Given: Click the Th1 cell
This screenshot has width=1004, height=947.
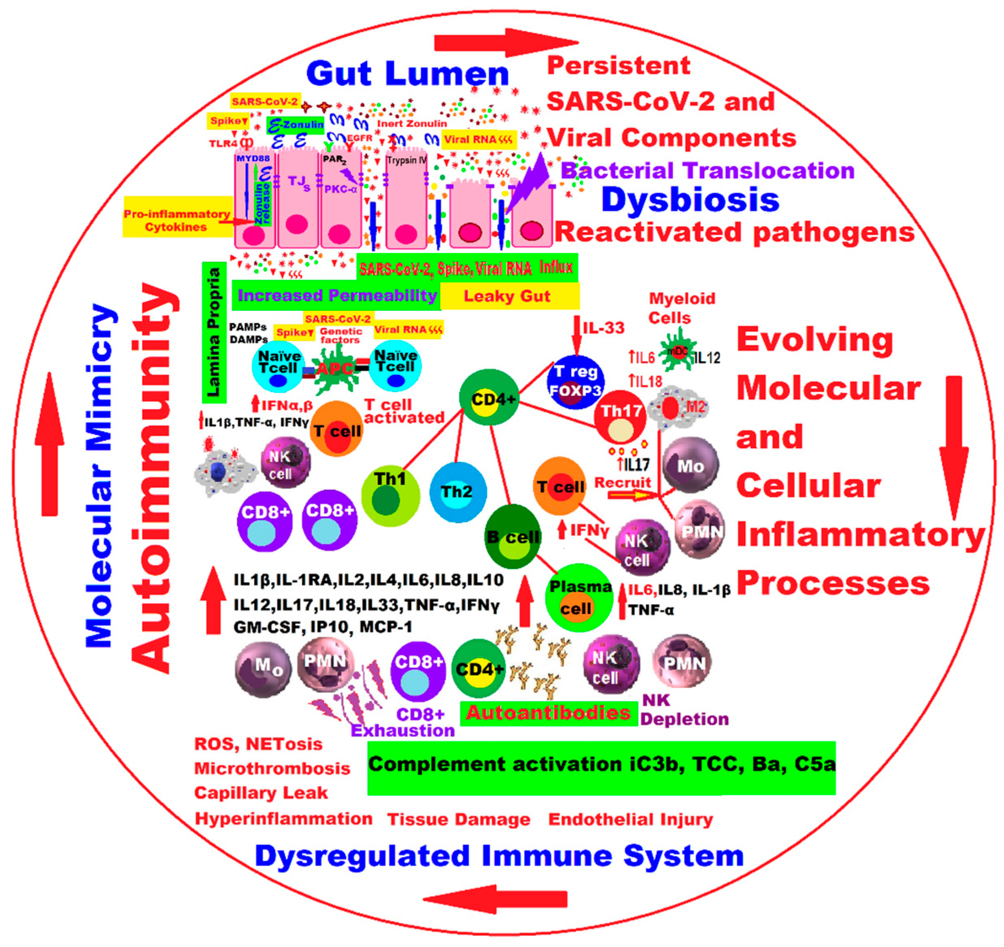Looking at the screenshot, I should pos(390,495).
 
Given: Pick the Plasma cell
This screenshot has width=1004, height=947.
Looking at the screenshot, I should pos(579,598).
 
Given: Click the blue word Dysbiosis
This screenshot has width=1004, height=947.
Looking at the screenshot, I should pos(690,200).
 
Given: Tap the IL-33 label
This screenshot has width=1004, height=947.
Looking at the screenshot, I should pos(604,328).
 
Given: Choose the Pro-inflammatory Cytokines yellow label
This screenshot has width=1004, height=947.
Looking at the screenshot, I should pos(177,221).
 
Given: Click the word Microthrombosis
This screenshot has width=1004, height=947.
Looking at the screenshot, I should pos(272,769).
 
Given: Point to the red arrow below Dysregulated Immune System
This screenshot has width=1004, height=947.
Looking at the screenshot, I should pos(495,899).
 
